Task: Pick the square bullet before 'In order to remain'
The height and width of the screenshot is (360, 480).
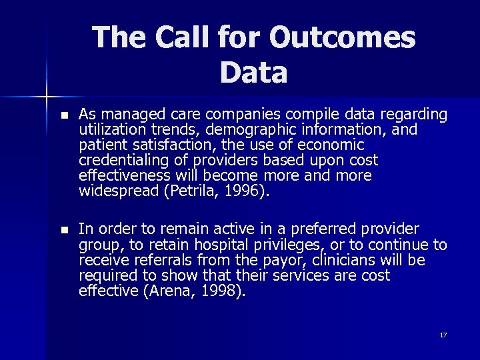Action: [63, 229]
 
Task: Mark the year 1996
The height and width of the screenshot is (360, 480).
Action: [237, 192]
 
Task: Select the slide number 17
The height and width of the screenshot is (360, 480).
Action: [443, 335]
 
